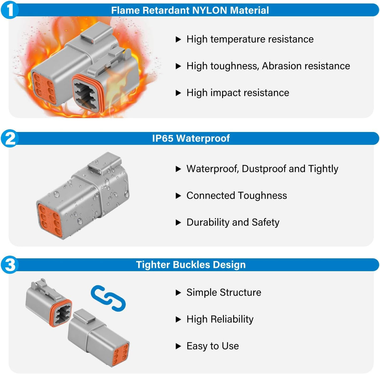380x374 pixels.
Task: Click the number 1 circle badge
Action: tap(10, 10)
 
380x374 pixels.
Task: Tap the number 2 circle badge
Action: tap(10, 138)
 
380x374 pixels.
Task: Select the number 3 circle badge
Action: tap(10, 265)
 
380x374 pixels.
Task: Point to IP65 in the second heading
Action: tap(162, 138)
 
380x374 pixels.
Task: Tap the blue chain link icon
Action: tap(108, 298)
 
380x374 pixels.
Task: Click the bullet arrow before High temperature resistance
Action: tap(178, 40)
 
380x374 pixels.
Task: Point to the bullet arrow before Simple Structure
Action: tap(178, 293)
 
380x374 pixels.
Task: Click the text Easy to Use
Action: tap(213, 346)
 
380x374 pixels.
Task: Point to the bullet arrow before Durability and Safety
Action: tap(178, 223)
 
